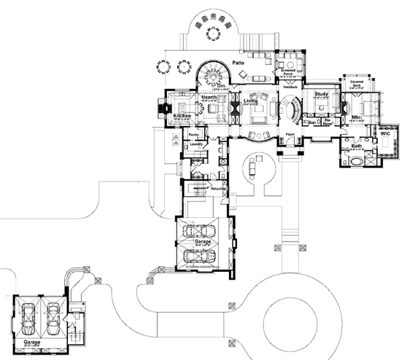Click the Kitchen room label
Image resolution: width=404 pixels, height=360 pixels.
(x=184, y=116)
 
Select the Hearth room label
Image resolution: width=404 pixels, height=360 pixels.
(x=209, y=98)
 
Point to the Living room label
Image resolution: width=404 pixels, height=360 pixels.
(x=252, y=101)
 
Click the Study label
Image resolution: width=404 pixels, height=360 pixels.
(x=321, y=94)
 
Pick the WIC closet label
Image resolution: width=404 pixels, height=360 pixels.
(x=384, y=134)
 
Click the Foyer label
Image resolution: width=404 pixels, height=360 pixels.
(x=290, y=135)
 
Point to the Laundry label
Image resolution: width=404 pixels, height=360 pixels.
(x=197, y=144)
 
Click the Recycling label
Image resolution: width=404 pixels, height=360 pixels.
(x=218, y=188)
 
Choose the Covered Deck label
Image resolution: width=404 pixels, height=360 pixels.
(x=357, y=85)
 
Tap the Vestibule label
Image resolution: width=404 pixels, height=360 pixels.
(x=291, y=87)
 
